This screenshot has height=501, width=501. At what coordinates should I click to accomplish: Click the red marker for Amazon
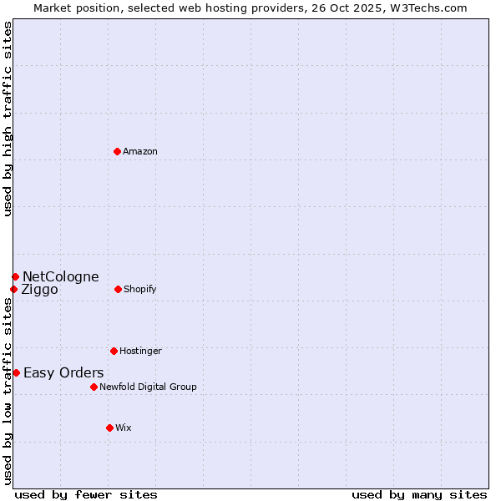[117, 151]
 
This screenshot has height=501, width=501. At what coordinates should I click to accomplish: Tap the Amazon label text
[140, 151]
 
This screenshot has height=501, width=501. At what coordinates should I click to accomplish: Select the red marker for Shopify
[118, 289]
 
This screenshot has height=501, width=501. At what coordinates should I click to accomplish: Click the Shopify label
[139, 289]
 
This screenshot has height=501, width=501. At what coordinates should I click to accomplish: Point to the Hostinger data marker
[114, 351]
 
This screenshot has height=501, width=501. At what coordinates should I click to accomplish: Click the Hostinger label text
[140, 351]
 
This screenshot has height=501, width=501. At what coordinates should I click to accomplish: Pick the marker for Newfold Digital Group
[94, 387]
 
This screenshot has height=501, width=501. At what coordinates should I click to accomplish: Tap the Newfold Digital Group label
[148, 387]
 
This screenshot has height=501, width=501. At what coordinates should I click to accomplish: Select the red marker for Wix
[109, 428]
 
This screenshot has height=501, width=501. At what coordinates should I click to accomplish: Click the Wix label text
[124, 428]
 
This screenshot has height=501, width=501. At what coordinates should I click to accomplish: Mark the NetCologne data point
[15, 276]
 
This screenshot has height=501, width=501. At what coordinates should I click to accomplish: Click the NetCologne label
[60, 276]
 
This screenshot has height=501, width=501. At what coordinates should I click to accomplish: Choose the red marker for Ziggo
[13, 289]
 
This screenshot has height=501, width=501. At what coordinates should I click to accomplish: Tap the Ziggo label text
[39, 290]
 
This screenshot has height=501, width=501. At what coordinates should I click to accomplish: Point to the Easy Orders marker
[16, 372]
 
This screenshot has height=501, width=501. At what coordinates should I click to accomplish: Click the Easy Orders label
[63, 372]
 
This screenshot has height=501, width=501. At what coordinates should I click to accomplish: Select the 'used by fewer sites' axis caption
[86, 494]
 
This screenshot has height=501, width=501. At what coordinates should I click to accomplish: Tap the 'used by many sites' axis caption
[419, 494]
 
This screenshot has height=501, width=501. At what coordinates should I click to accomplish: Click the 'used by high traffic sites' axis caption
[8, 119]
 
